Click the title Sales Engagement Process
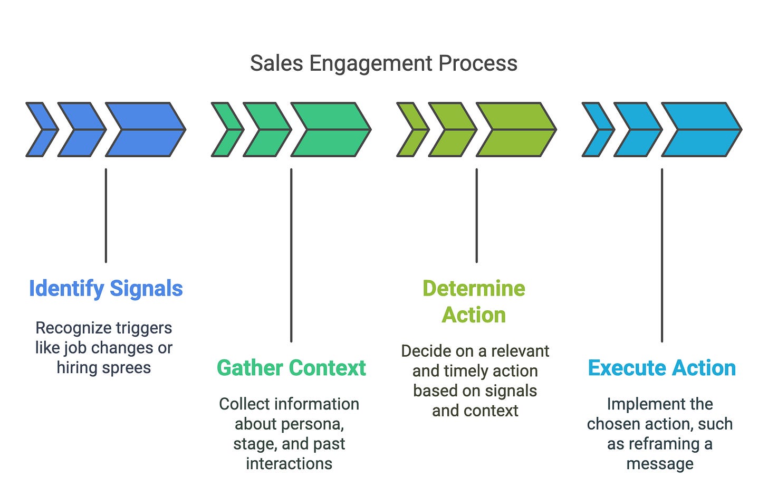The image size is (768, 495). [x=383, y=63]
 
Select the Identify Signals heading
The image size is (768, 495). [x=106, y=289]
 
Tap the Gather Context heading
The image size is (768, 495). [x=291, y=368]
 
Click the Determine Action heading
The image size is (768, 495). [x=474, y=301]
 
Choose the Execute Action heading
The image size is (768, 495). [x=662, y=368]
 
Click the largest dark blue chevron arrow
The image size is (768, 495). [x=146, y=130]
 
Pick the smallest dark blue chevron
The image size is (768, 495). [x=42, y=130]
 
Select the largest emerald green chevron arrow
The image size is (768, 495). [x=331, y=130]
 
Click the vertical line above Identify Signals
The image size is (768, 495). [x=106, y=216]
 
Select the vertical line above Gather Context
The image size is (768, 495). [x=291, y=255]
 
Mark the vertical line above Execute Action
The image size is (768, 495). [x=662, y=255]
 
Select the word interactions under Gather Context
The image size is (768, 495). [x=289, y=464]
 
